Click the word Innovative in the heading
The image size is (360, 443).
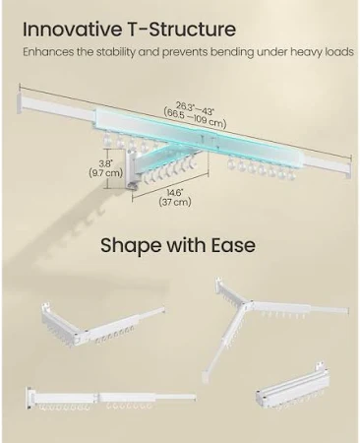point(72,30)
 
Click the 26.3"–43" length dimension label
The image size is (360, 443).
point(196,108)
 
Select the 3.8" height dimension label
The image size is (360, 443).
point(105,163)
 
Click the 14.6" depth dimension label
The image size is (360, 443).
point(175,193)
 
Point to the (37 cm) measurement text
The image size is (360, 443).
point(175,202)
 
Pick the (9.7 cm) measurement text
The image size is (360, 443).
point(105,172)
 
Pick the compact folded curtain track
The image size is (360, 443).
point(292,389)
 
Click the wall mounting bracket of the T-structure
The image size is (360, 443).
point(131,170)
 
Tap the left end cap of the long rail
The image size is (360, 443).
point(21,103)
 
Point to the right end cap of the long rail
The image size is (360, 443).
point(348,168)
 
